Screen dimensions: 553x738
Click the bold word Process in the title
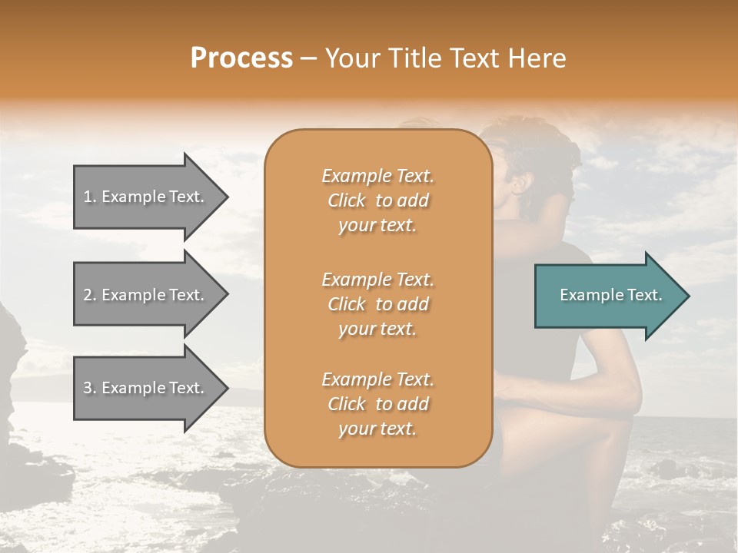pos(241,58)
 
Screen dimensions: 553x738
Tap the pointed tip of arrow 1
pos(226,197)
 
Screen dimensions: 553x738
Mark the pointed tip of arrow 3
pos(226,388)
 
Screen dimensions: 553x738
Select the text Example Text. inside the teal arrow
pos(611,295)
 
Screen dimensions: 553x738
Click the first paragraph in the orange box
pos(377,200)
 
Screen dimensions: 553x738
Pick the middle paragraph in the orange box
pos(377,303)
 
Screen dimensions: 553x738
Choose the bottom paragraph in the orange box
pos(377,404)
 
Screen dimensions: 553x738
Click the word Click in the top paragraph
pos(346,200)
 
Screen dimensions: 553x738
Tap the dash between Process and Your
pos(308,58)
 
